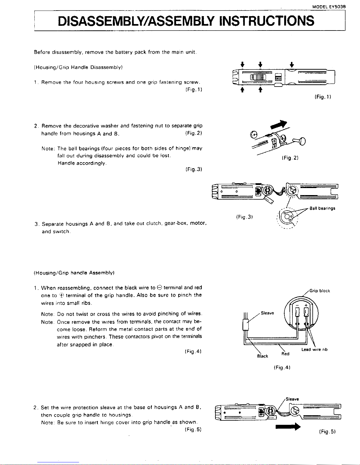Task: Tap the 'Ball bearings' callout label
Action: (322, 209)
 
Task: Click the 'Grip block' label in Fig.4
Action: (319, 291)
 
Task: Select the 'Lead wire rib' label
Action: (314, 349)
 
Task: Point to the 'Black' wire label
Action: (262, 356)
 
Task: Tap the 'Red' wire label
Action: (285, 354)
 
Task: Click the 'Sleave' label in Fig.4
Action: (267, 313)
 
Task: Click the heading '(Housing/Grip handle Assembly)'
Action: (74, 273)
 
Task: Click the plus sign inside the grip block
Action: (306, 305)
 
